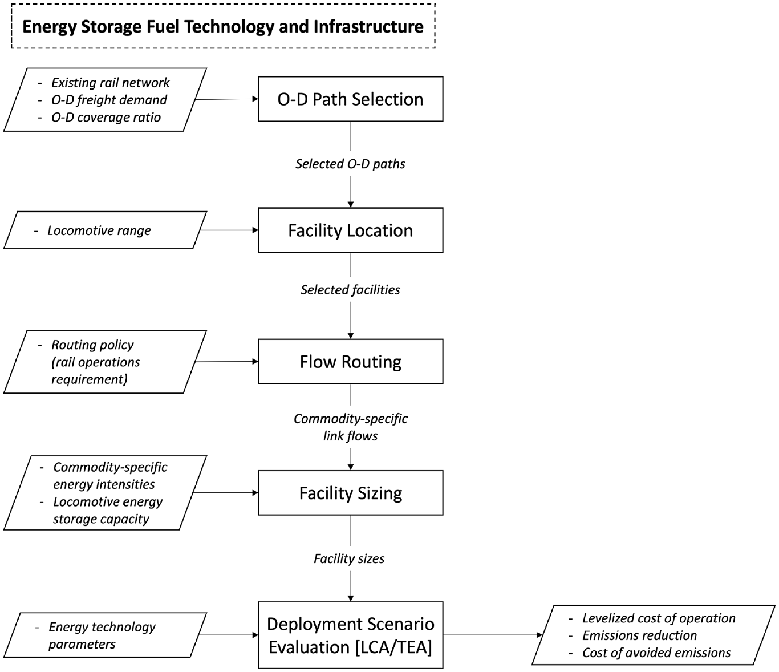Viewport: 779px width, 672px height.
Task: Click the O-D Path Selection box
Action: tap(351, 99)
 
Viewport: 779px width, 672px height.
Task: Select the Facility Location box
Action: tap(351, 230)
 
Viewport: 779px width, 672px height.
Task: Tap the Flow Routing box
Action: tap(351, 361)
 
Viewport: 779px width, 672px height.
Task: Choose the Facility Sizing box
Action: tap(351, 492)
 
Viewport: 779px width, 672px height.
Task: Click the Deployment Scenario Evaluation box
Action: tap(351, 635)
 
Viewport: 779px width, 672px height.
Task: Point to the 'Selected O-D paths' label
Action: tap(351, 164)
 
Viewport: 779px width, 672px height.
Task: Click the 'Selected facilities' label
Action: tap(351, 290)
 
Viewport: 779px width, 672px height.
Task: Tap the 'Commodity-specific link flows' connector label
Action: tap(351, 427)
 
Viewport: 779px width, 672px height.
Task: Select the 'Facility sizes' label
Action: tap(350, 558)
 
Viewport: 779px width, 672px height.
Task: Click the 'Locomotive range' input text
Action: tap(99, 230)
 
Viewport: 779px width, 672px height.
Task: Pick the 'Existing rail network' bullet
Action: tap(111, 83)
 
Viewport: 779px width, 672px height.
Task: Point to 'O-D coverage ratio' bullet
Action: tap(106, 118)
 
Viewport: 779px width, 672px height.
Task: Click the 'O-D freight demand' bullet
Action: tap(109, 100)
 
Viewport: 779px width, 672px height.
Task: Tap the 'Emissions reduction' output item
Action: tap(639, 635)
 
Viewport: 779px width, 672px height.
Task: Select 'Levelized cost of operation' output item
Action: tap(659, 618)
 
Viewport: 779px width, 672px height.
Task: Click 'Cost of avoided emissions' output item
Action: tap(656, 653)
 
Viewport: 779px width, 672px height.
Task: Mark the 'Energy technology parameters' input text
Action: tap(102, 635)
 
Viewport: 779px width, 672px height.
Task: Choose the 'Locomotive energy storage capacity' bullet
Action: tap(108, 510)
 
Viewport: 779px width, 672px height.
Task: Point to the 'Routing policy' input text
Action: tap(93, 345)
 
